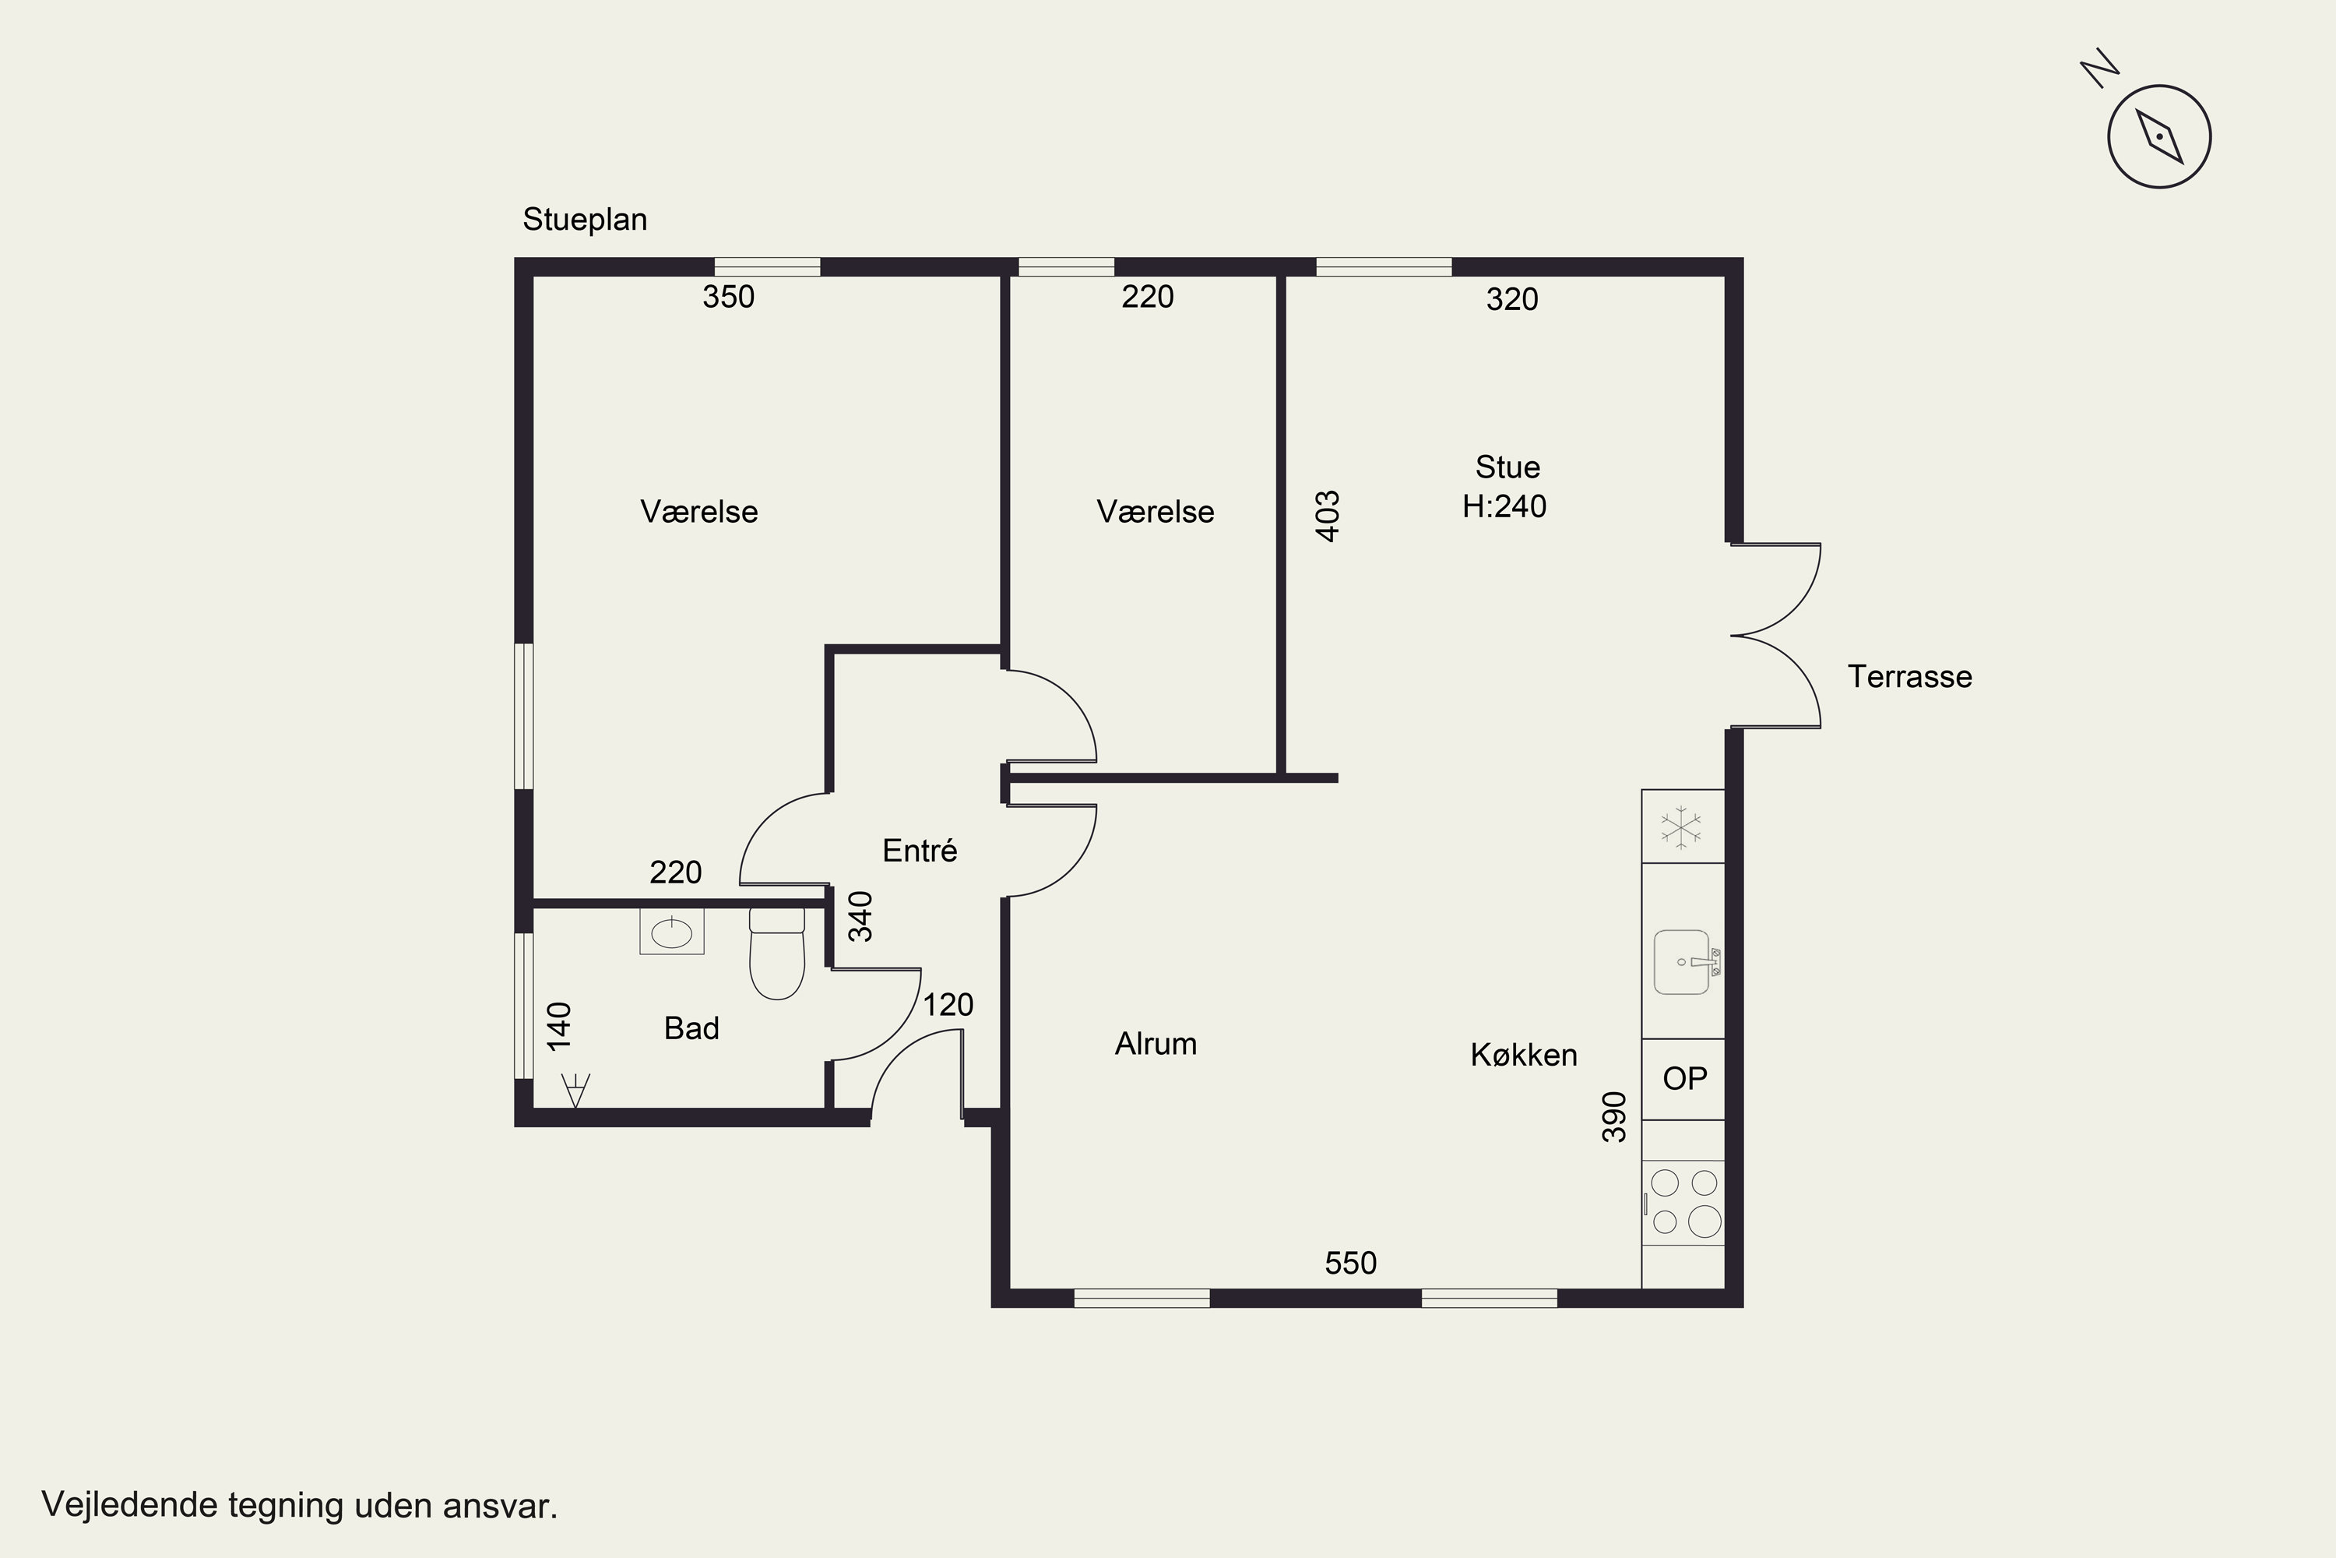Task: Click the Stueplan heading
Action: click(585, 220)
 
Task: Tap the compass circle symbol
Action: click(2159, 137)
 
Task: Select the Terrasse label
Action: click(1909, 677)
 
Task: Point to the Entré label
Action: click(920, 851)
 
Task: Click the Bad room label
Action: click(691, 1028)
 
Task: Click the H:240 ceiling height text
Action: click(1504, 507)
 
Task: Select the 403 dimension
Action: click(1327, 516)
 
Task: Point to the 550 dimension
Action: click(1351, 1263)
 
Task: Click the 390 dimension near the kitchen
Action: click(1615, 1117)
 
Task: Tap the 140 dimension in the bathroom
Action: click(559, 1027)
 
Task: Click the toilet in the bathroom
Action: click(776, 953)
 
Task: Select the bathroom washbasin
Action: click(671, 932)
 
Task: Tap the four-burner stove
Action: click(1683, 1202)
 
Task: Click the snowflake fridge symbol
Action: click(1681, 827)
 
